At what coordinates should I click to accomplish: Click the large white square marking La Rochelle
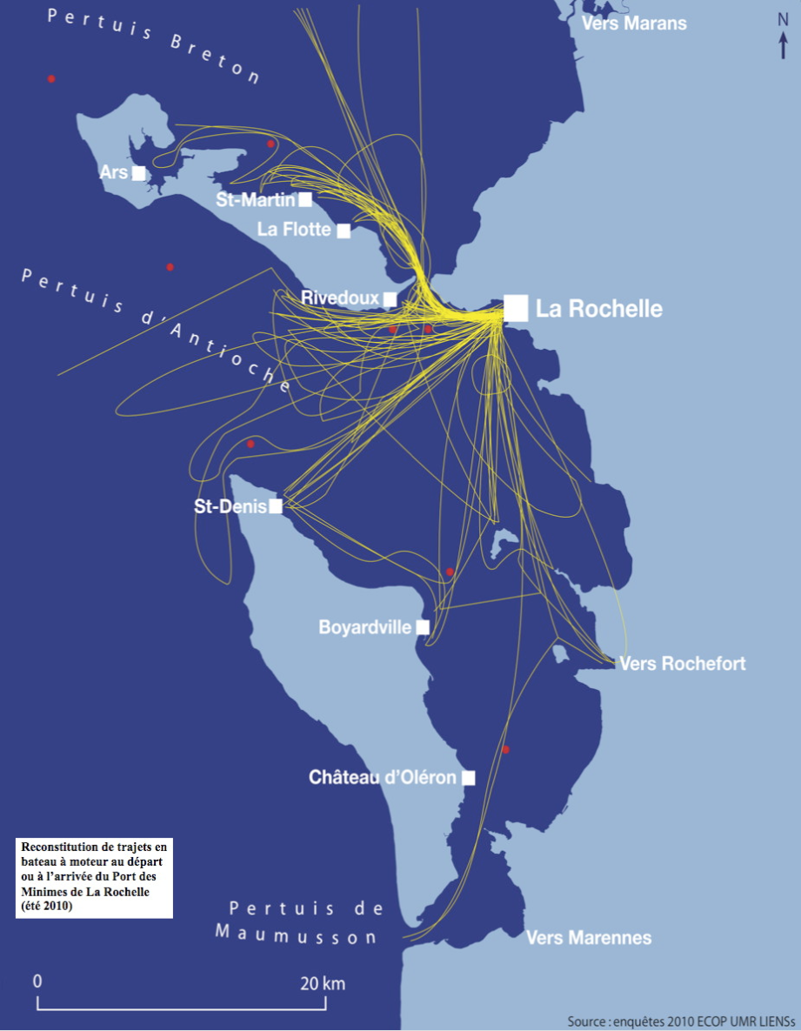[x=516, y=308]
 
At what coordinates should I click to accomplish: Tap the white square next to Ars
[x=138, y=173]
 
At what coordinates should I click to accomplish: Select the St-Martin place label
[x=256, y=200]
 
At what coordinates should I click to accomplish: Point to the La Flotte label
[x=295, y=230]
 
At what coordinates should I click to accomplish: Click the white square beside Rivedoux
[x=390, y=298]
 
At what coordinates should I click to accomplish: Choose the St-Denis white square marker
[x=276, y=506]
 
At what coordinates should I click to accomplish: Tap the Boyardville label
[x=364, y=626]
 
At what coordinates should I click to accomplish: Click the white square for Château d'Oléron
[x=468, y=778]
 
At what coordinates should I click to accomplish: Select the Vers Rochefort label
[x=682, y=664]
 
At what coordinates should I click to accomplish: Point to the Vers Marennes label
[x=589, y=937]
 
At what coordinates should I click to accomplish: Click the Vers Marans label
[x=634, y=23]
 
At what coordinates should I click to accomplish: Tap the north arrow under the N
[x=784, y=44]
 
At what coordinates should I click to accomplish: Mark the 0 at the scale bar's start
[x=37, y=981]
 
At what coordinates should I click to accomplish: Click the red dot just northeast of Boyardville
[x=450, y=572]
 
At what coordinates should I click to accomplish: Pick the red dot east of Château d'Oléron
[x=505, y=749]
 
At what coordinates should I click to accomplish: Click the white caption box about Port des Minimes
[x=94, y=877]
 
